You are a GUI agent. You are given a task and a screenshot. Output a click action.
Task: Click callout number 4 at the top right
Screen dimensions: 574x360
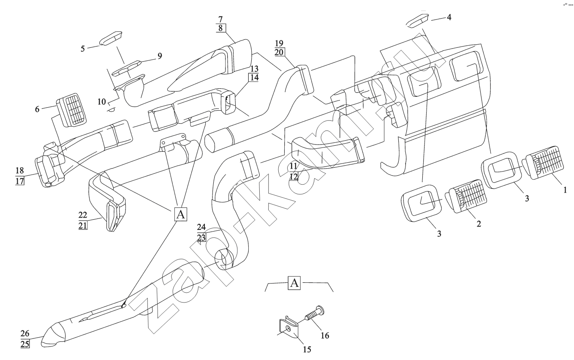click(x=449, y=17)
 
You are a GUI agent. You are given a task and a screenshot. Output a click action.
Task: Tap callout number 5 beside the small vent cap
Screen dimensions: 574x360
click(x=82, y=49)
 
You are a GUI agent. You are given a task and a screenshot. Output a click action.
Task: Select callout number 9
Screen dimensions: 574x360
click(x=160, y=56)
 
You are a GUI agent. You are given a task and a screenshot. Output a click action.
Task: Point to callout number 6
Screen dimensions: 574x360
click(x=38, y=109)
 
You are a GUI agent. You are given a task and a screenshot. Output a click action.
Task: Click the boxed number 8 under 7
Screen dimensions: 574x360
click(x=220, y=28)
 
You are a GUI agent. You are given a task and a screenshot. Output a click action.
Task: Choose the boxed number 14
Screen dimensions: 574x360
click(x=254, y=77)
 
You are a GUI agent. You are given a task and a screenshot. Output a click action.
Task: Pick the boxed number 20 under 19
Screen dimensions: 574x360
click(x=279, y=52)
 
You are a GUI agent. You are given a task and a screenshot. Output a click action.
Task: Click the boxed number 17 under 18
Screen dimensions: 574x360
click(x=20, y=181)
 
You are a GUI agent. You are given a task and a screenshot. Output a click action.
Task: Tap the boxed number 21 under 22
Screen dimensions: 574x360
click(x=83, y=225)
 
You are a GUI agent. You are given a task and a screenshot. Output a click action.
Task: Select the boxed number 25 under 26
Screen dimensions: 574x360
click(x=25, y=344)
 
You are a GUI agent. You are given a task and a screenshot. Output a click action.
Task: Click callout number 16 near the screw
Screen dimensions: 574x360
click(x=325, y=335)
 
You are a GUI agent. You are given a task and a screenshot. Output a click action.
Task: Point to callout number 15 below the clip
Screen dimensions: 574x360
click(x=307, y=349)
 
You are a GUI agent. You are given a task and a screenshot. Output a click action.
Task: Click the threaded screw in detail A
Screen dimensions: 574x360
click(x=315, y=314)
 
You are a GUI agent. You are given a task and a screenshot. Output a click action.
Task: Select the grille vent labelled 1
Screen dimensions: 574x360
click(x=540, y=163)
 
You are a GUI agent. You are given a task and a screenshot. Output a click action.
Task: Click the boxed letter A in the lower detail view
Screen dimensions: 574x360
click(x=294, y=283)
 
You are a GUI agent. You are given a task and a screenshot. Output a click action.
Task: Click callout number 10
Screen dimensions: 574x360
click(x=102, y=102)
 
